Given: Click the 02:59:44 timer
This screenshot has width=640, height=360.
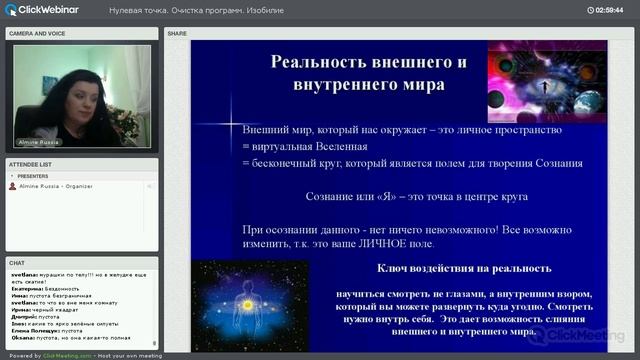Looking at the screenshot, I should [x=609, y=10].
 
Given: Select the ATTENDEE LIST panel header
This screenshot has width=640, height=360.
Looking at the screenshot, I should [x=31, y=163].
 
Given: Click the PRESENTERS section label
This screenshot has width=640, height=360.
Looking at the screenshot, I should [x=33, y=176].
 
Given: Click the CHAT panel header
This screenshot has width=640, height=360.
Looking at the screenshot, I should [x=17, y=263].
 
